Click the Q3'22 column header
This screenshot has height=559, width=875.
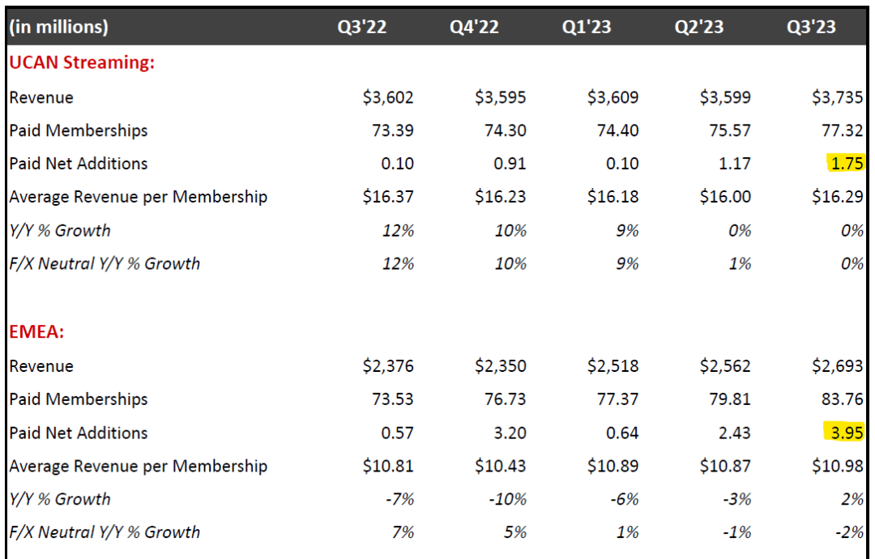coord(362,27)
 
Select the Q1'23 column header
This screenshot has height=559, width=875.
coord(587,27)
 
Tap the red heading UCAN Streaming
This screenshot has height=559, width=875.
coord(81,62)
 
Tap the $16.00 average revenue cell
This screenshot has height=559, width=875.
coord(725,197)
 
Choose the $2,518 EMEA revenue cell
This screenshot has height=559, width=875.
coord(612,366)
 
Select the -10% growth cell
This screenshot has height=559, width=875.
coord(508,499)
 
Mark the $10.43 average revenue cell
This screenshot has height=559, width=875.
coord(501,466)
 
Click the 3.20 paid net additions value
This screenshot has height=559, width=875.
coord(510,433)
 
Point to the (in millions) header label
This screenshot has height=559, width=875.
coord(58,27)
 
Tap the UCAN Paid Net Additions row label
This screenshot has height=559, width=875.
coord(79,164)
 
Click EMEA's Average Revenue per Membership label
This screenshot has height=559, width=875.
coord(138,466)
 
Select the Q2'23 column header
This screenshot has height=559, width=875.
coord(699,27)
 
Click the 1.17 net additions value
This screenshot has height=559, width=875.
coord(734,164)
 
